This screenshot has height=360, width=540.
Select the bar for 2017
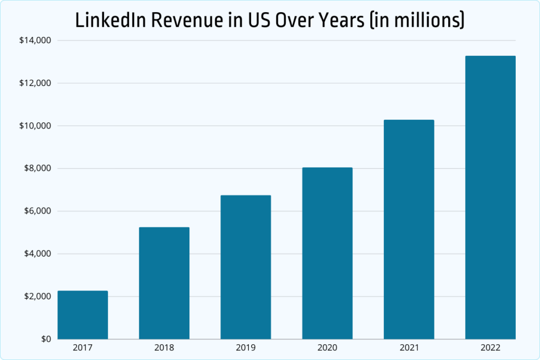pos(83,315)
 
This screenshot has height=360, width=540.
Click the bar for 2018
pos(164,283)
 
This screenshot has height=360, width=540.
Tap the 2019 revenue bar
pos(246,267)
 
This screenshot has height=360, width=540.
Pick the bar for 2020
pos(327,253)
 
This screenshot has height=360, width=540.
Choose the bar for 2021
pos(409,229)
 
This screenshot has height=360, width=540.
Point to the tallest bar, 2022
pos(490,197)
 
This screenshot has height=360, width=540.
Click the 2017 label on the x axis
pos(83,348)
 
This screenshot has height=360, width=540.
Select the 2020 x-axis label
pos(327,348)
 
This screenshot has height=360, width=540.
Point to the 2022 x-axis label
pos(490,348)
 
